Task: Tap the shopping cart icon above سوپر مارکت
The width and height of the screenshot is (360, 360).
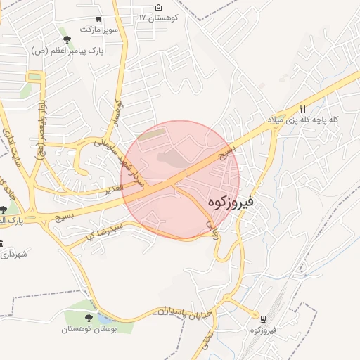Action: [x=98, y=19]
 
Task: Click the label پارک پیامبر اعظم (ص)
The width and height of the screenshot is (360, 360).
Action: [x=67, y=51]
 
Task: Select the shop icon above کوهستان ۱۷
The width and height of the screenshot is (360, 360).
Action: [x=157, y=6]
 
